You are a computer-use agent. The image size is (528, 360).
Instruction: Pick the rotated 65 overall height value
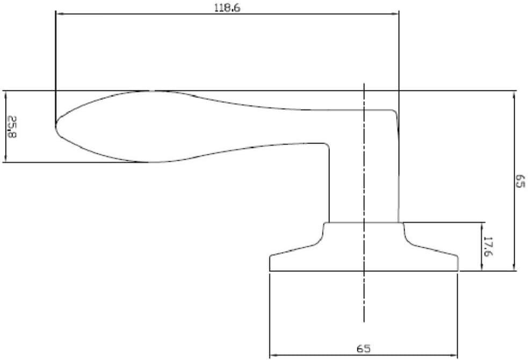[519, 181]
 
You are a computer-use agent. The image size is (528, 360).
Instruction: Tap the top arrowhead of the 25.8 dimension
[5, 94]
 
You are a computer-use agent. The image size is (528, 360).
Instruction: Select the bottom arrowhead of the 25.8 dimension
[5, 158]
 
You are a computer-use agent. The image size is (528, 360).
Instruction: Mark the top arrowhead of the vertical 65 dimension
[514, 95]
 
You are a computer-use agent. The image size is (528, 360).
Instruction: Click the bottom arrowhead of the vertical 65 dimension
[514, 267]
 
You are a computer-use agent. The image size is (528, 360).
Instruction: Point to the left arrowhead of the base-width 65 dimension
[273, 355]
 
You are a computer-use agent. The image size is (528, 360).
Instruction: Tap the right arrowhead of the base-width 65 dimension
[454, 355]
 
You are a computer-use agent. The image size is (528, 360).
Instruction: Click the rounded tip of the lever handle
[56, 126]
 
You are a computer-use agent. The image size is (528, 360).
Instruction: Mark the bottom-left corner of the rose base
[270, 271]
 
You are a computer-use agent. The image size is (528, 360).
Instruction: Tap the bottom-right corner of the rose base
[458, 271]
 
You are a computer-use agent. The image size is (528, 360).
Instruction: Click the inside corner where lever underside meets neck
[327, 145]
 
